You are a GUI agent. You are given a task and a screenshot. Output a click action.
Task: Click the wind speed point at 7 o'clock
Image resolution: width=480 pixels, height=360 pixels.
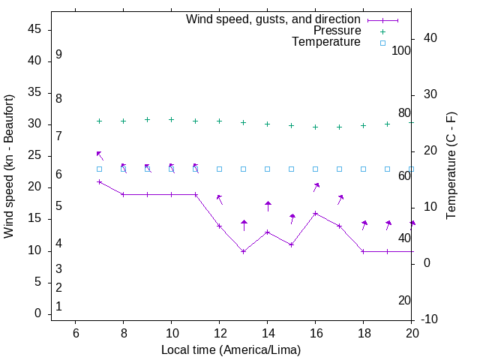99,181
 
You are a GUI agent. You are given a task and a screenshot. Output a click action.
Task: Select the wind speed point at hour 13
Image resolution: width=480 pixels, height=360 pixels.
243,251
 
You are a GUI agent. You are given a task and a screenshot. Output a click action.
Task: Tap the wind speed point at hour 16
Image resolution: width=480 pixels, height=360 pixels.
315,213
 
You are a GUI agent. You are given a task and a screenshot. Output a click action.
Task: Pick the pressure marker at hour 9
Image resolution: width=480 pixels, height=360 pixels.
147,119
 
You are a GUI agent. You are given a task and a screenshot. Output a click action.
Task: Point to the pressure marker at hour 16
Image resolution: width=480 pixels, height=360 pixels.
315,127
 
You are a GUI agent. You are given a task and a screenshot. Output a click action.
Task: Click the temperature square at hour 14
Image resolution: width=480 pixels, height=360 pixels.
267,169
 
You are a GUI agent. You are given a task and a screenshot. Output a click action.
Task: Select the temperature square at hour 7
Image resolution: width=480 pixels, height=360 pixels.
99,169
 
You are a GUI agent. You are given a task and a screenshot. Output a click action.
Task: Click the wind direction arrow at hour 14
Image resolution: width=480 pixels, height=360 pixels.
268,205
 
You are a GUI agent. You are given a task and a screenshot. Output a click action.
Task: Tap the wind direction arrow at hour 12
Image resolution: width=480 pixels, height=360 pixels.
220,199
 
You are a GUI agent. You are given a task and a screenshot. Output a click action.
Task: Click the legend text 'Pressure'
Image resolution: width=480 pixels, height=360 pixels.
337,31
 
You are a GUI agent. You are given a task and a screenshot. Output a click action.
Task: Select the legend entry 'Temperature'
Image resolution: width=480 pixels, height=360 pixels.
326,42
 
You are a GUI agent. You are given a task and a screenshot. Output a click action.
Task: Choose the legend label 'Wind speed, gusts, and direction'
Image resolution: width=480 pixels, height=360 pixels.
274,19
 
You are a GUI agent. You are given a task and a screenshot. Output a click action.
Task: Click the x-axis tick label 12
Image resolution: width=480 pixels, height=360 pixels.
219,332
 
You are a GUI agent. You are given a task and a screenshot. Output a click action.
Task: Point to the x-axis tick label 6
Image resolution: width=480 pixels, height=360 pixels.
75,332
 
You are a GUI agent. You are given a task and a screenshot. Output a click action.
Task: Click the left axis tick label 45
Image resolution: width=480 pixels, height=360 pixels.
34,29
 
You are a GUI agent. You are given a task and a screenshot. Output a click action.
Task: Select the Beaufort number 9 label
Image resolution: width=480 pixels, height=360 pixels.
58,55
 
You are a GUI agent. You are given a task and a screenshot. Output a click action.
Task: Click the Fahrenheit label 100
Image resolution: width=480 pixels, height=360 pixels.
401,50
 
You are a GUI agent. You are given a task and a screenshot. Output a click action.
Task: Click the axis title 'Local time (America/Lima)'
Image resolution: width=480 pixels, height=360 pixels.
231,349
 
